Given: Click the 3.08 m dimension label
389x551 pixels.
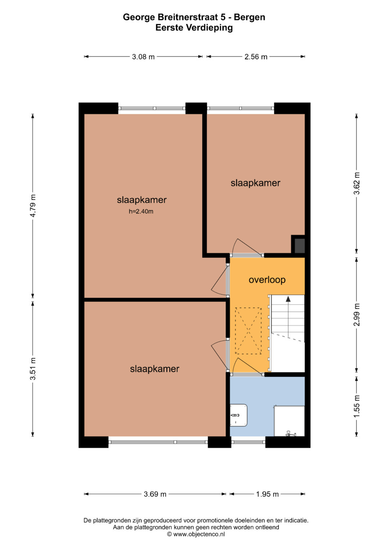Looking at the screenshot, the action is pos(143,57).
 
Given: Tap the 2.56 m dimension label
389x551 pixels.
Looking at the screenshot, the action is pos(256,57).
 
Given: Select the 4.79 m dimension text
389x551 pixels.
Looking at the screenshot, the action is pos(33,206).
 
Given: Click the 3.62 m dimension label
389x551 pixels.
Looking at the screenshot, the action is pos(356,184).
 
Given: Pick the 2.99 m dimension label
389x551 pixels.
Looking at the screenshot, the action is pos(356,315).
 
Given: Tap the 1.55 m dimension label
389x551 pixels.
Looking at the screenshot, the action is pos(356,406).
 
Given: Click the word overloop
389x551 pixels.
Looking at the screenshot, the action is pos(267,280).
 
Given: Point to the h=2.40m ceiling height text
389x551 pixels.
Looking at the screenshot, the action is pos(141,211).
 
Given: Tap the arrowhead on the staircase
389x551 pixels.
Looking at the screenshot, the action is pos(288,299).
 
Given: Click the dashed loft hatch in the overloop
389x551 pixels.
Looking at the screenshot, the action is pos(248,331).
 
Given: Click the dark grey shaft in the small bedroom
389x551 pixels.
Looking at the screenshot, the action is pos(300,245).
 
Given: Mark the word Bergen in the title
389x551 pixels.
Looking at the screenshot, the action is pos(249,17).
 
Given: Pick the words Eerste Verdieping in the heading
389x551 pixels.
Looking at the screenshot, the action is pos(194,27).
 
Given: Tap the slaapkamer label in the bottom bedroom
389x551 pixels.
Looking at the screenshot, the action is pos(155,369).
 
